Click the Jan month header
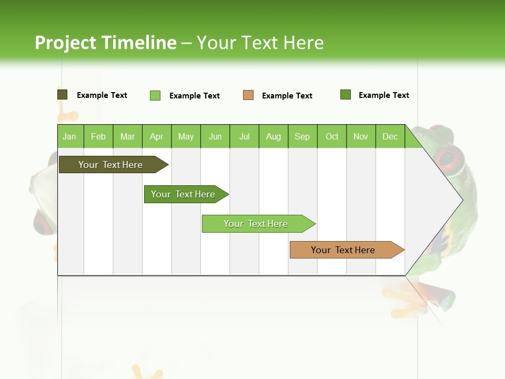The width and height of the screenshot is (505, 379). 70,136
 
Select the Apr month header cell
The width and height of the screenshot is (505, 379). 157,136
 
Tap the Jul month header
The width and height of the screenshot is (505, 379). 244,136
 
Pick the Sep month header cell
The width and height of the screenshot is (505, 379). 302,136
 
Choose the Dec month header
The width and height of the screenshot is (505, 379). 390,136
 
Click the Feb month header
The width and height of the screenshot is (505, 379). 98,136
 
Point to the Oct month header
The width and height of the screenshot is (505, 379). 332,136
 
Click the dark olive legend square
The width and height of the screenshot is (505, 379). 62,95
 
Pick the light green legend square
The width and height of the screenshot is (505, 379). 155,95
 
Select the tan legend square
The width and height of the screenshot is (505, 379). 248,95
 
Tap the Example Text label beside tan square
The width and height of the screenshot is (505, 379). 287,96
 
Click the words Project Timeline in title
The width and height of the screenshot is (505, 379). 105,43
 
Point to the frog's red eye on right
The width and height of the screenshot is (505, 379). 448,156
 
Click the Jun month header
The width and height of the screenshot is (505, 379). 215,136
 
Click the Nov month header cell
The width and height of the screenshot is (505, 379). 361,136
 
